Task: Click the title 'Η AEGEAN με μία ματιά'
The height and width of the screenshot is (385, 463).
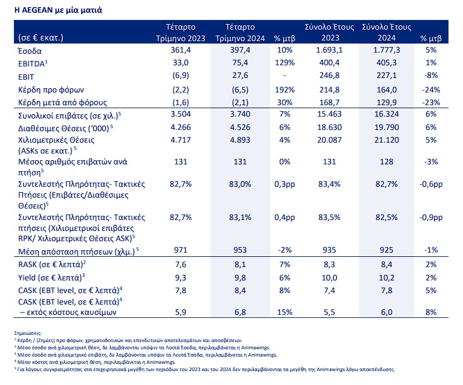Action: point(58,10)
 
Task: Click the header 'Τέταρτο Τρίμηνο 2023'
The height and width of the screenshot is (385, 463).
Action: point(180,33)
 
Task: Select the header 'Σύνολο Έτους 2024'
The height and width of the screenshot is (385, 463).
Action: point(386,32)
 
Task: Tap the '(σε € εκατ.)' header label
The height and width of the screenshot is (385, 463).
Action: point(40,38)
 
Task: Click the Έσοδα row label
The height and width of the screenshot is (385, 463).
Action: point(30,51)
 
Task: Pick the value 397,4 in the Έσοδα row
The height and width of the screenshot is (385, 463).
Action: point(240,50)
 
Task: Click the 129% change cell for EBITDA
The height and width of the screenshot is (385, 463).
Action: point(285,63)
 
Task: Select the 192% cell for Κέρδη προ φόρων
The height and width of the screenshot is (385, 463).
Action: point(285,90)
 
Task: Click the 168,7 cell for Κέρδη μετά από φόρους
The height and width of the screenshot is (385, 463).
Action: point(329,103)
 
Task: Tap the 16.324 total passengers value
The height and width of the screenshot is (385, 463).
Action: point(386,114)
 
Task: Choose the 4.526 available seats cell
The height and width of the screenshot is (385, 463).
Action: point(240,128)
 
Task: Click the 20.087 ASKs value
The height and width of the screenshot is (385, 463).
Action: point(329,140)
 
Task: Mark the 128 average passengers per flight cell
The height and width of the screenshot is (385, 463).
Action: point(386,162)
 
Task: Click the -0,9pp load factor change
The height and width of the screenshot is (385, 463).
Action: point(431,218)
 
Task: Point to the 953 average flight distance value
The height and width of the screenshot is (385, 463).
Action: point(240,250)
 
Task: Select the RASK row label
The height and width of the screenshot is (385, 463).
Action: point(52,264)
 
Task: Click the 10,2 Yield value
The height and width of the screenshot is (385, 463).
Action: point(386,277)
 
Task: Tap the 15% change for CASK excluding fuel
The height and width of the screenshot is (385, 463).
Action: point(285,312)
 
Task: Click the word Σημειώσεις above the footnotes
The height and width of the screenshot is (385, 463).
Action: point(28,334)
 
